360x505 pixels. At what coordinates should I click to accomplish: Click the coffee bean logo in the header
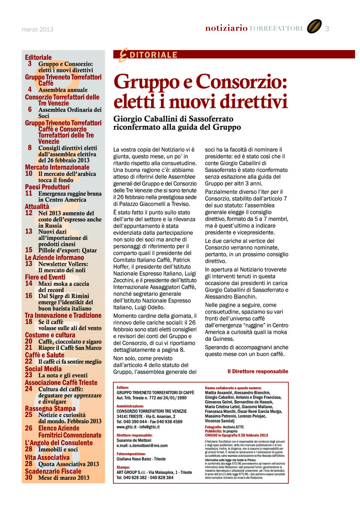tap(314, 27)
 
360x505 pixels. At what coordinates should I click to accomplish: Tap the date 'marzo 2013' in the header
tap(37, 29)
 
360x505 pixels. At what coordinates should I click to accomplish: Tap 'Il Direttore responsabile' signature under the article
tap(258, 372)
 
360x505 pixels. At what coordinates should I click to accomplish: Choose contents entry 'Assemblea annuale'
tap(63, 90)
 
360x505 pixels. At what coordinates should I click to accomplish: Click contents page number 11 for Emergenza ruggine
tap(29, 194)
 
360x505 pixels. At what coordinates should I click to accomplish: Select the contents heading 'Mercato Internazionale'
tap(57, 167)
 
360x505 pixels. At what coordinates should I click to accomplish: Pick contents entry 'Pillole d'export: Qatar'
tap(67, 250)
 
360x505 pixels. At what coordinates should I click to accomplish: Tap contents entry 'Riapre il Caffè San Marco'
tap(70, 348)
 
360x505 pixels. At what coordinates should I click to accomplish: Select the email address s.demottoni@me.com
tap(142, 446)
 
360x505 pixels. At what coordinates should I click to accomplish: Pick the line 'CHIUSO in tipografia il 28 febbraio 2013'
tap(236, 435)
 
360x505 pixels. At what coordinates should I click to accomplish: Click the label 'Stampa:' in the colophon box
tap(123, 468)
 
